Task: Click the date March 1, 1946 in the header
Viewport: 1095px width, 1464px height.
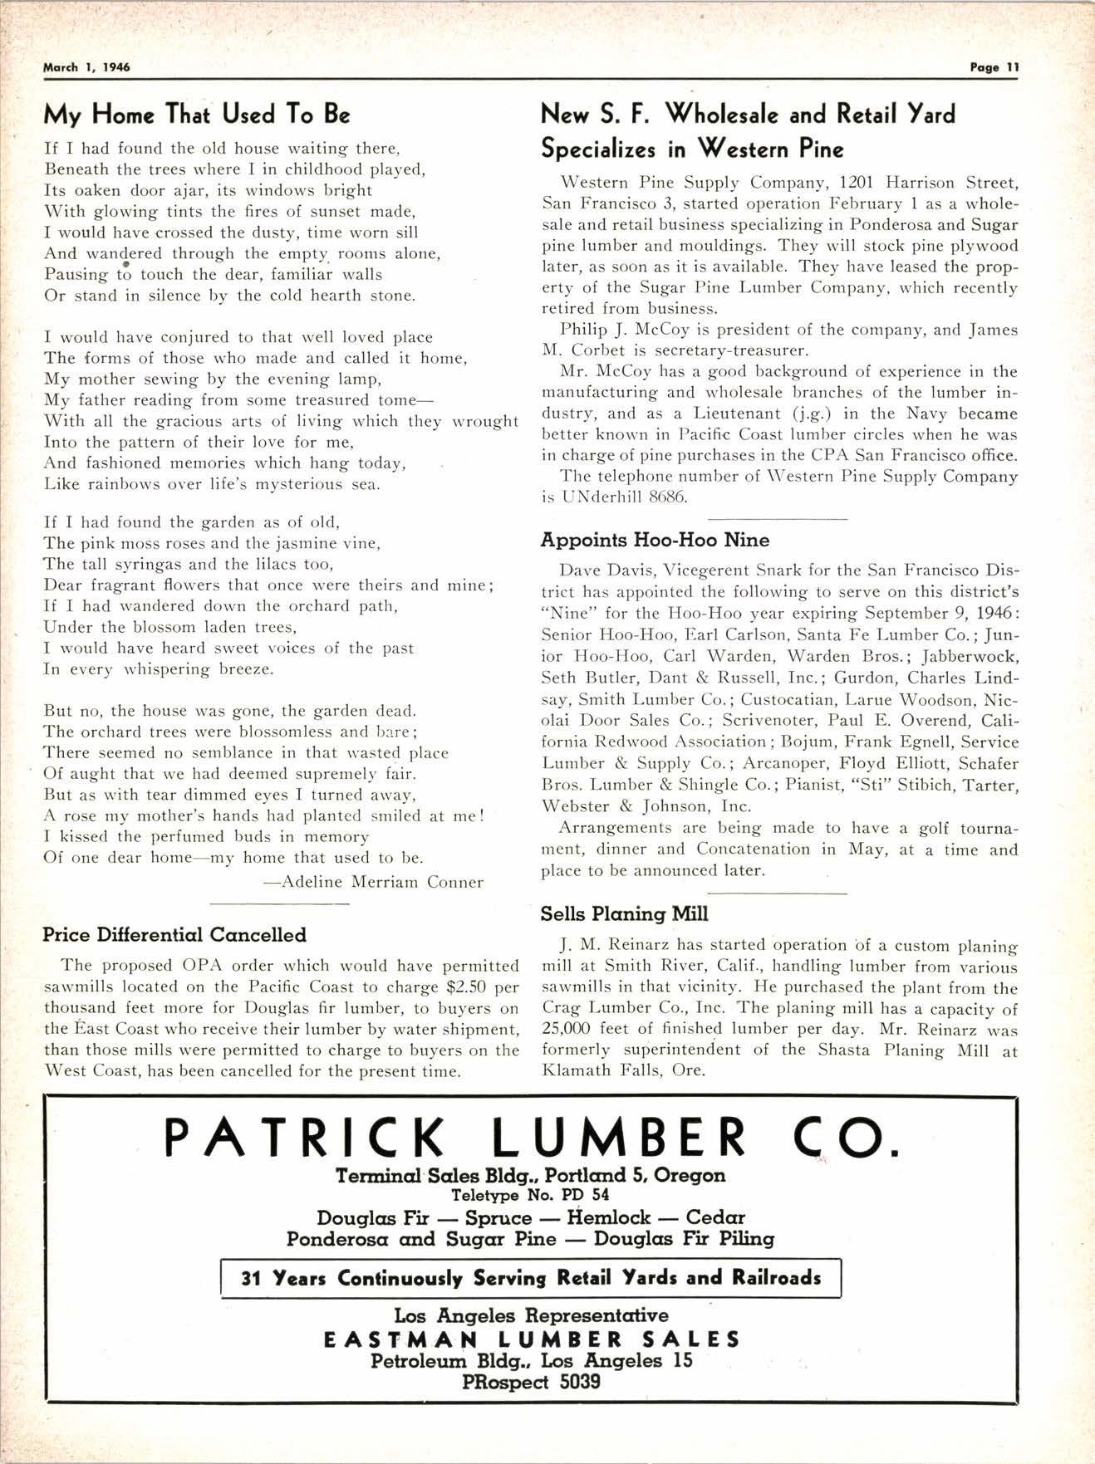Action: pyautogui.click(x=86, y=68)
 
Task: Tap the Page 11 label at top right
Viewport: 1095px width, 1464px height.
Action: pyautogui.click(x=994, y=68)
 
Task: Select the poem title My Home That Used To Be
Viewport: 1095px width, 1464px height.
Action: pyautogui.click(x=196, y=114)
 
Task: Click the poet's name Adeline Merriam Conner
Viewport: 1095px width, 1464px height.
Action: pyautogui.click(x=373, y=882)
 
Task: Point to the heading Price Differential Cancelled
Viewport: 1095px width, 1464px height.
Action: pyautogui.click(x=174, y=935)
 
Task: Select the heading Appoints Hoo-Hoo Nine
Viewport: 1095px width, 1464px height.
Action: pyautogui.click(x=655, y=541)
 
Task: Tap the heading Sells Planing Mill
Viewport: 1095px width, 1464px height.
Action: pyautogui.click(x=624, y=914)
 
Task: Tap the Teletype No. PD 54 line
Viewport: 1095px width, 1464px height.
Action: pyautogui.click(x=530, y=1196)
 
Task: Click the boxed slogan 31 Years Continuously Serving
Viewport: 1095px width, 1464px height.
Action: pyautogui.click(x=531, y=1278)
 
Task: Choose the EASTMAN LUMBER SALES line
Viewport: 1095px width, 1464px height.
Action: pyautogui.click(x=531, y=1339)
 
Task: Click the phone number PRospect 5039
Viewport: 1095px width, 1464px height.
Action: pyautogui.click(x=531, y=1382)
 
